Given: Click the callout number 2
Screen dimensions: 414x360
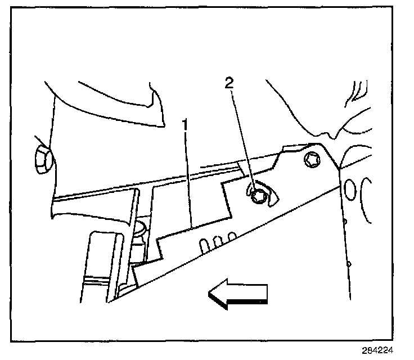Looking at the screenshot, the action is [x=229, y=83].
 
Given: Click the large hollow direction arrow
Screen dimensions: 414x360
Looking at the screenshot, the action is [x=237, y=294].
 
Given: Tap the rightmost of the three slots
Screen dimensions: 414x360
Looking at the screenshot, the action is [x=231, y=237].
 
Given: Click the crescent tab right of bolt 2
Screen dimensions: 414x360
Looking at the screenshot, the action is [x=272, y=195].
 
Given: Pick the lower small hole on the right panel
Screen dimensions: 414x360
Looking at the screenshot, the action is [x=349, y=263].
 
